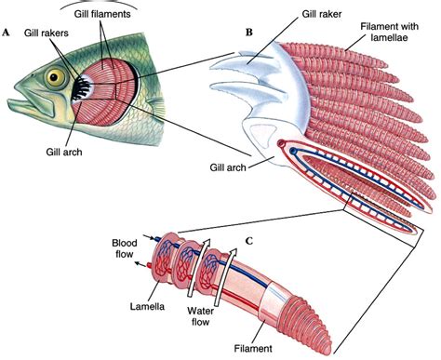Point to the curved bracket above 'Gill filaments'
[x=100, y=9]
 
